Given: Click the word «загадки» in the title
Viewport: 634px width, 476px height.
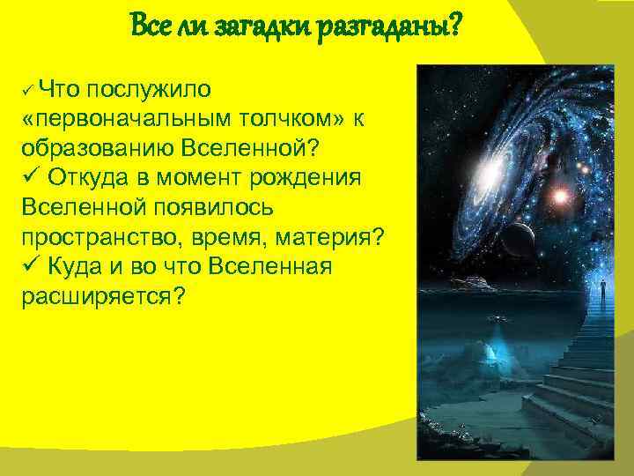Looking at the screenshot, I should coord(243,26).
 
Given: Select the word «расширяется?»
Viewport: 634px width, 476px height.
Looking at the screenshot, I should coord(102,296).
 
